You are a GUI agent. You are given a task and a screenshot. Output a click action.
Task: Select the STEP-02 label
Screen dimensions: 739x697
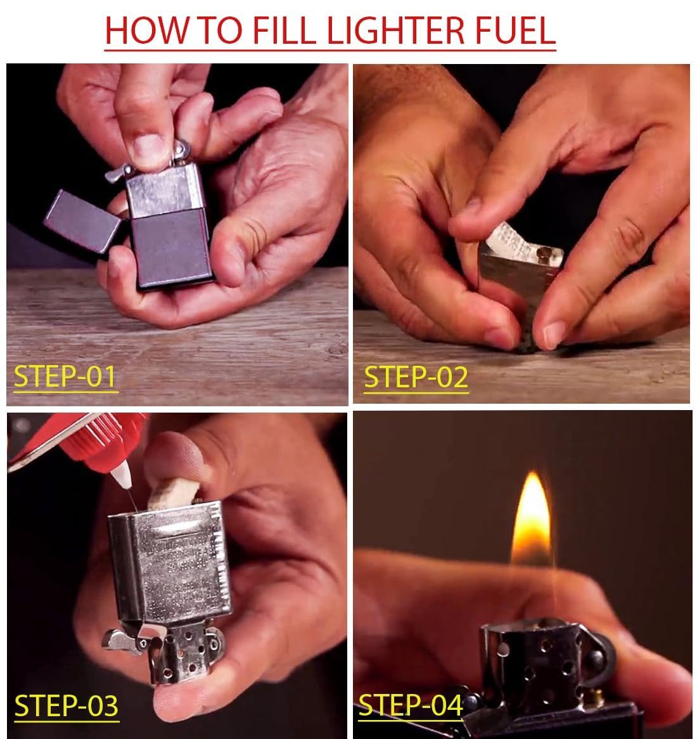pyautogui.click(x=416, y=376)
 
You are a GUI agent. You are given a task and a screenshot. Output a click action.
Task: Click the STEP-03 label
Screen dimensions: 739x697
pyautogui.click(x=66, y=705)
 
